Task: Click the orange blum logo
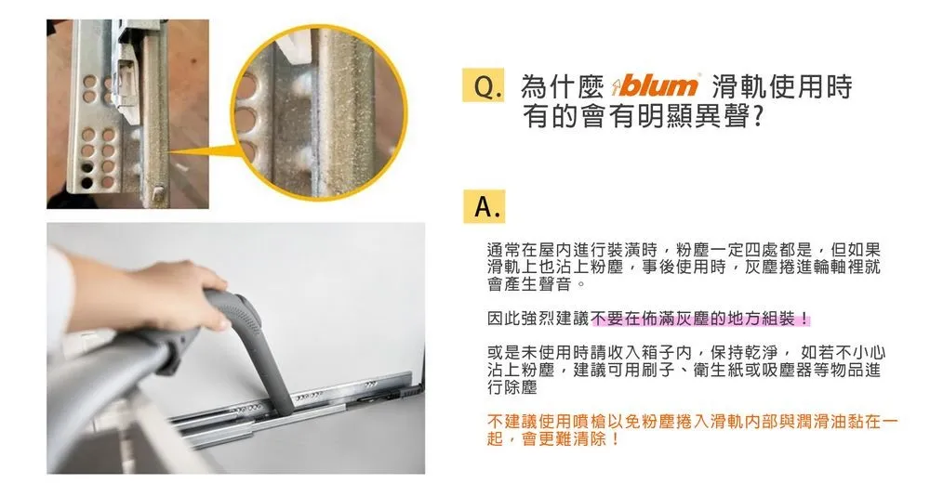[656, 86]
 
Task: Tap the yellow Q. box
[484, 86]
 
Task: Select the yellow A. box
[484, 206]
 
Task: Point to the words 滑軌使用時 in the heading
[782, 86]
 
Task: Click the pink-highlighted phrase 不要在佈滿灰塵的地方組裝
[693, 319]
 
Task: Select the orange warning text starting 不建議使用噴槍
[692, 430]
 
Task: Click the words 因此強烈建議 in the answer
[538, 319]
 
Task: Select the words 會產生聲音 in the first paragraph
[529, 284]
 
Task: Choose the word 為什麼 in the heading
[562, 86]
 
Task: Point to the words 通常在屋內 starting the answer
[529, 250]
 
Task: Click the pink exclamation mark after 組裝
[804, 319]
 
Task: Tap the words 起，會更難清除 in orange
[553, 439]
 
